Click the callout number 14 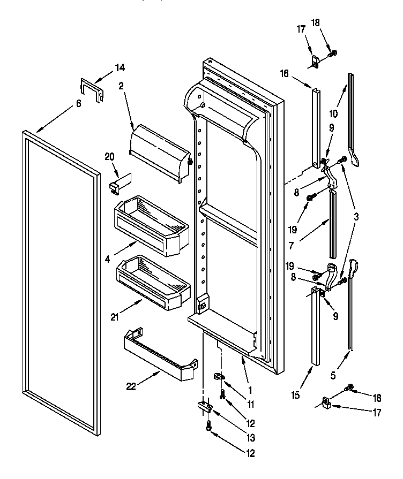tap(120, 67)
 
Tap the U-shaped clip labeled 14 tap(92, 89)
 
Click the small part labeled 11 tap(219, 377)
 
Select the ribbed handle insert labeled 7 tap(333, 223)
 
